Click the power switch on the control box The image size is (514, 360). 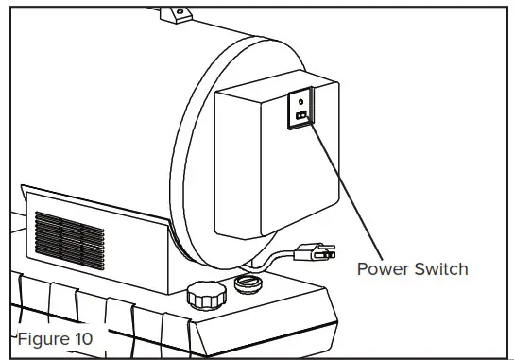tap(300, 115)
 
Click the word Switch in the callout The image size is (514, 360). tap(437, 269)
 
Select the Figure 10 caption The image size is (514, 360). tap(54, 337)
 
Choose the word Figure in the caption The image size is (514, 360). tap(42, 337)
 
